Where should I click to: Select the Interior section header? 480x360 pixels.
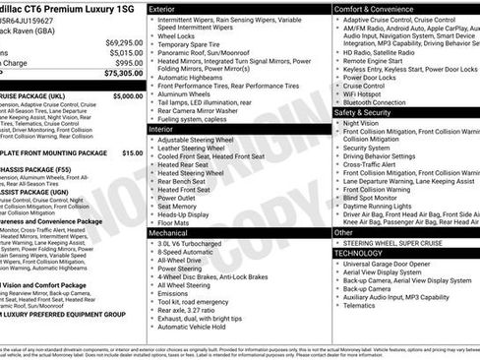pos(162,129)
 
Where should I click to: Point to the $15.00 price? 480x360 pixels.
pos(132,153)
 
